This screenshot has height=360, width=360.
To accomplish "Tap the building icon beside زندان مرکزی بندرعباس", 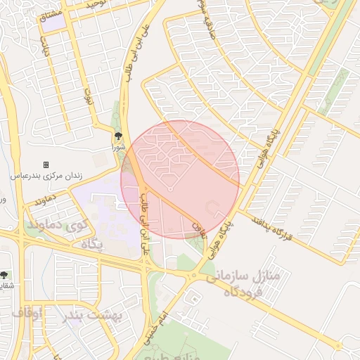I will tap(46, 165).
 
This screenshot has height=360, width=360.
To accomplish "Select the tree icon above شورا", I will tap(118, 137).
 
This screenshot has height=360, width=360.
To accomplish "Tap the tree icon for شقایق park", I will tap(4, 275).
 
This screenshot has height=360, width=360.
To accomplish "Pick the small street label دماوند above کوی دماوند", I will tap(44, 201).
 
